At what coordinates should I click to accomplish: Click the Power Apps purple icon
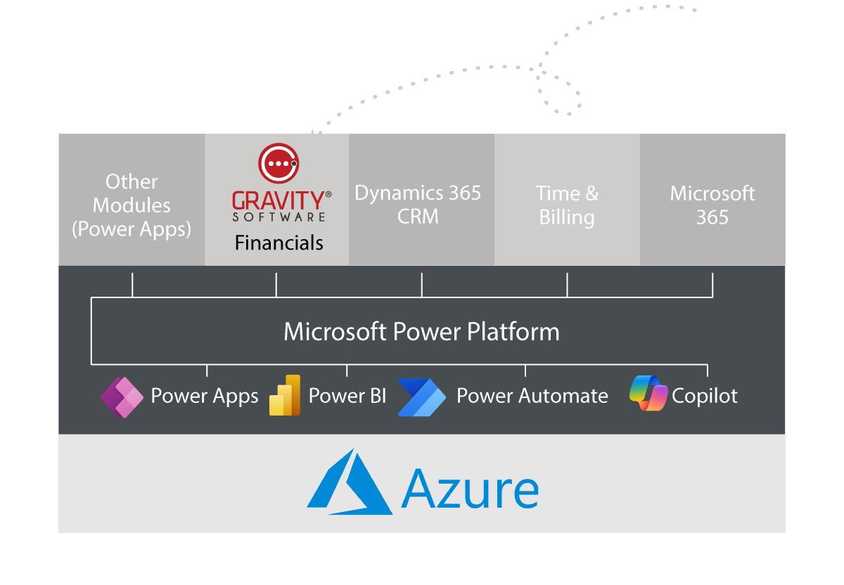(x=122, y=397)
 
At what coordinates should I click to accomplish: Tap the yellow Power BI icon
(x=285, y=395)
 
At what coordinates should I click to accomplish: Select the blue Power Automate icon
(x=421, y=397)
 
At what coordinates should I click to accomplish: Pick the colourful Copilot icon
(x=648, y=394)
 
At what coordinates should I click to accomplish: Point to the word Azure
(x=470, y=488)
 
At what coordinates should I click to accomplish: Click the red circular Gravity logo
(x=279, y=163)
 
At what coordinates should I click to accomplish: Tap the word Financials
(x=279, y=243)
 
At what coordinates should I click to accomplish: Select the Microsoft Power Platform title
(x=421, y=331)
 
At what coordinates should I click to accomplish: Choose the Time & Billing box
(x=567, y=205)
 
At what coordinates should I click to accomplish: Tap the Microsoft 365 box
(x=712, y=205)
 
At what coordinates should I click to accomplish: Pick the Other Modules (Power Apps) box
(x=132, y=205)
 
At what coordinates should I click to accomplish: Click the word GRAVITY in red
(x=278, y=200)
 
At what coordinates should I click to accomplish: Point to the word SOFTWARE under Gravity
(x=279, y=217)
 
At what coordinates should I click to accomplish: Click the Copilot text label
(x=704, y=396)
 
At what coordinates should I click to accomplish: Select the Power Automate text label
(x=532, y=396)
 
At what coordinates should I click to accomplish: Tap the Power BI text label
(x=347, y=396)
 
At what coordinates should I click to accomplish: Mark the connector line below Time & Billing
(x=567, y=285)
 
